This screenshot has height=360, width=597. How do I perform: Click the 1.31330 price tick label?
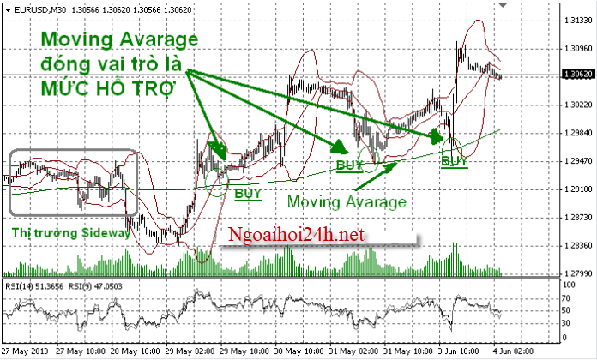[x=569, y=21]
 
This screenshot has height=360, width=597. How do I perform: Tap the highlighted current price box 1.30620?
[x=569, y=75]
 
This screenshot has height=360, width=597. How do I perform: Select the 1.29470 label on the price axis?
[x=569, y=161]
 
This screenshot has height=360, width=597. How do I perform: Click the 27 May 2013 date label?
[x=26, y=352]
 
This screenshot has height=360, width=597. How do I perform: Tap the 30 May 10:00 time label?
[x=300, y=352]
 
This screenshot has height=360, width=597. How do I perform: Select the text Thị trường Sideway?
[x=70, y=232]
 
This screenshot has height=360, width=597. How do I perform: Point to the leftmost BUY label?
[x=248, y=193]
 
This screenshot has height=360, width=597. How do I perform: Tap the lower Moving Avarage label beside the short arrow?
[x=346, y=202]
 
